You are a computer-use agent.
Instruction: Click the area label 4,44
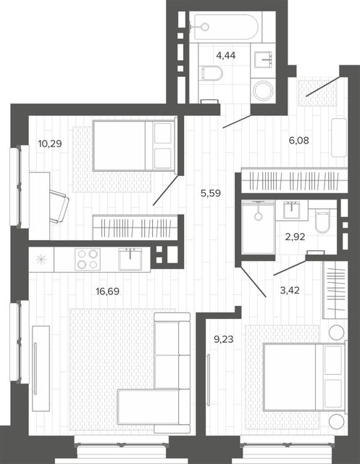[226, 55]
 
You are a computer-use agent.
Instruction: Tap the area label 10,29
[50, 144]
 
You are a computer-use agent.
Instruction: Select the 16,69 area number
[108, 291]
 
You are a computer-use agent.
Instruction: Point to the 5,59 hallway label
[211, 194]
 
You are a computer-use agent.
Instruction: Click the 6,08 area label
[299, 140]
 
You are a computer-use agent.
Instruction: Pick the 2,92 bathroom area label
[295, 237]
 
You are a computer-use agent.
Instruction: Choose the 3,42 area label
[290, 290]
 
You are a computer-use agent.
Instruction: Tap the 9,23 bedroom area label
[223, 339]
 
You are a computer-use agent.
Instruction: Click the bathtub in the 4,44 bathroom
[226, 27]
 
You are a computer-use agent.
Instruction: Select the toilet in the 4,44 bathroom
[212, 73]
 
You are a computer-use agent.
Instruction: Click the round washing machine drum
[264, 90]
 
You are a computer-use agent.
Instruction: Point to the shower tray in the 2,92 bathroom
[259, 227]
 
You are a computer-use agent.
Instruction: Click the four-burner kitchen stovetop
[87, 260]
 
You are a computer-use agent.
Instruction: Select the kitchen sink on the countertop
[130, 260]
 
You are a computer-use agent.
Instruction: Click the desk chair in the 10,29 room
[59, 206]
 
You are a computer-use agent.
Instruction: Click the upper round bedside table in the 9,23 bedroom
[337, 332]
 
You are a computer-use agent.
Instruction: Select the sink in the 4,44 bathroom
[264, 59]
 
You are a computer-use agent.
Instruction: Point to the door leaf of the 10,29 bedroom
[166, 190]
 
